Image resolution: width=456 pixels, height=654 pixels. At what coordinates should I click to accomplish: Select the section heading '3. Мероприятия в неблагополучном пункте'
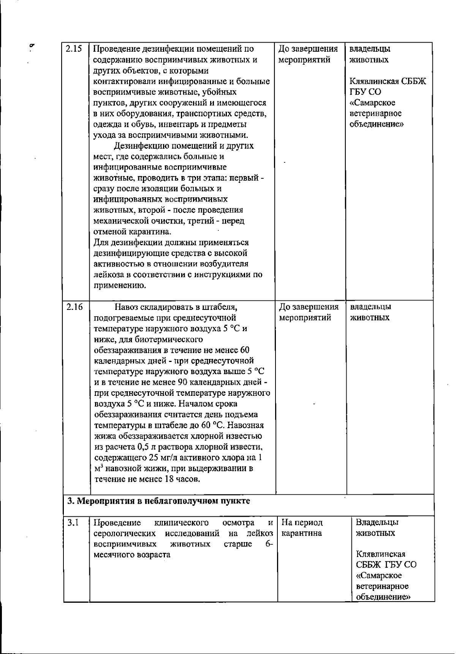pyautogui.click(x=158, y=501)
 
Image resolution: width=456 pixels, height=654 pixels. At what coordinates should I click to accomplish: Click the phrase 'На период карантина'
pyautogui.click(x=302, y=528)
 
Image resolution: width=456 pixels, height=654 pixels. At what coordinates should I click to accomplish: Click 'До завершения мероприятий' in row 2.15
pyautogui.click(x=308, y=54)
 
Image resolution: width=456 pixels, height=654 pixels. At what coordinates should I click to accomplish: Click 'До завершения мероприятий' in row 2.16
pyautogui.click(x=309, y=312)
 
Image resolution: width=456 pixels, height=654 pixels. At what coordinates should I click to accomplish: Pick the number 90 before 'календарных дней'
pyautogui.click(x=182, y=382)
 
